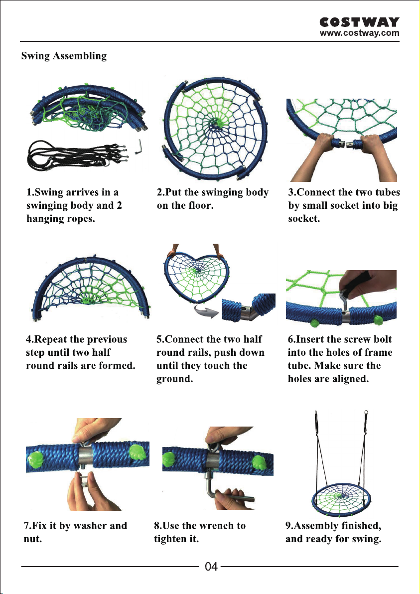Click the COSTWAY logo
click(359, 22)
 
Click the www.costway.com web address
click(359, 32)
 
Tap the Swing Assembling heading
click(64, 56)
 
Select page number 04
click(211, 567)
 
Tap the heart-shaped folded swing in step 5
click(196, 277)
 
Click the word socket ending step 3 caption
click(304, 219)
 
